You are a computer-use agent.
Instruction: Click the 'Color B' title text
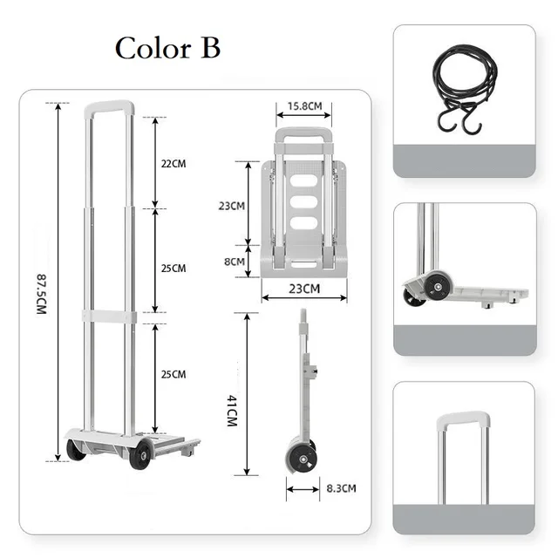click(167, 48)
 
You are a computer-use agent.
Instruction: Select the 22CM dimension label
click(174, 163)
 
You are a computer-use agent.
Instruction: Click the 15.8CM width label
click(304, 107)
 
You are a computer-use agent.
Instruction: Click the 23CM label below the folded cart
click(304, 289)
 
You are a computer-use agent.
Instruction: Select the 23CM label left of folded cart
click(230, 206)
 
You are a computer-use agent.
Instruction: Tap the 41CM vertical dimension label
click(232, 409)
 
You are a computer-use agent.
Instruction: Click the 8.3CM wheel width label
click(340, 488)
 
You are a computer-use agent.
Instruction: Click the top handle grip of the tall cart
click(110, 108)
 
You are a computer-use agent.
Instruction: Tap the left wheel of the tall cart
click(76, 450)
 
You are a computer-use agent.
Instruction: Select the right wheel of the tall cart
click(140, 453)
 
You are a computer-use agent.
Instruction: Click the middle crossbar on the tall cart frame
click(110, 317)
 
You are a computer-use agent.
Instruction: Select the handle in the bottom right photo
click(462, 421)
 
